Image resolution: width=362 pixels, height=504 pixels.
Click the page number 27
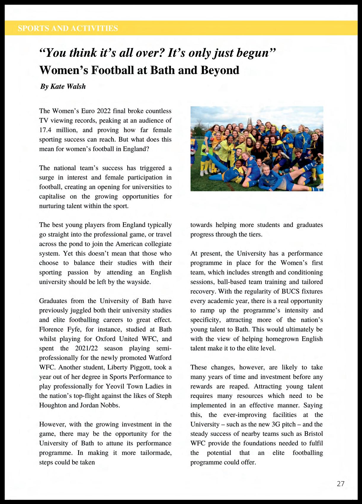340,484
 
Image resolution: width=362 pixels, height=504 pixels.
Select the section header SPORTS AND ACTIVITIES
68,28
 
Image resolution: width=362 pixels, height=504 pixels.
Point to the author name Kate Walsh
68,87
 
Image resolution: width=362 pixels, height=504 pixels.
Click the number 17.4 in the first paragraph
45,130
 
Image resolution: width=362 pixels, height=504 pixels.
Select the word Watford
160,358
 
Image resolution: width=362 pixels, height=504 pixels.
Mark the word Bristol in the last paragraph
313,434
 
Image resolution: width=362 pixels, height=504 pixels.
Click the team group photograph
257,149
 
